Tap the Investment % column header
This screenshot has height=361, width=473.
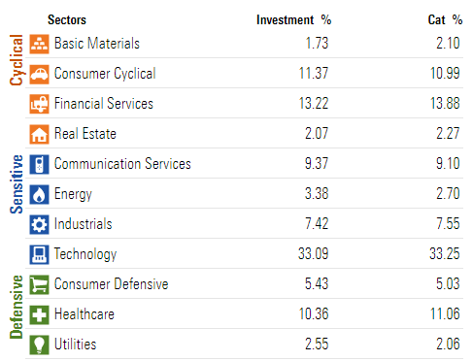coord(293,19)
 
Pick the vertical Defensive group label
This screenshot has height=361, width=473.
coord(16,305)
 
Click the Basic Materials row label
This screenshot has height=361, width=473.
coord(97,44)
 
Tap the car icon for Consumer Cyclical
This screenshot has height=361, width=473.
coord(39,74)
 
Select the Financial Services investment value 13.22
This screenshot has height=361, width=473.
coord(316,104)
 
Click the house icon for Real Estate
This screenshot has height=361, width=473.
coord(39,134)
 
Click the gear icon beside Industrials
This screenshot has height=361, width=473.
coord(39,224)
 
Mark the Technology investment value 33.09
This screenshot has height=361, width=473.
coord(313,254)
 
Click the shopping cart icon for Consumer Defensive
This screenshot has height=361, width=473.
coord(39,284)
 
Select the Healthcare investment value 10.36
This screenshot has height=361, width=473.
coord(315,314)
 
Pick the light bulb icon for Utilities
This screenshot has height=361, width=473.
coord(39,345)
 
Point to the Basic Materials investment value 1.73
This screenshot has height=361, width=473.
coord(319,44)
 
